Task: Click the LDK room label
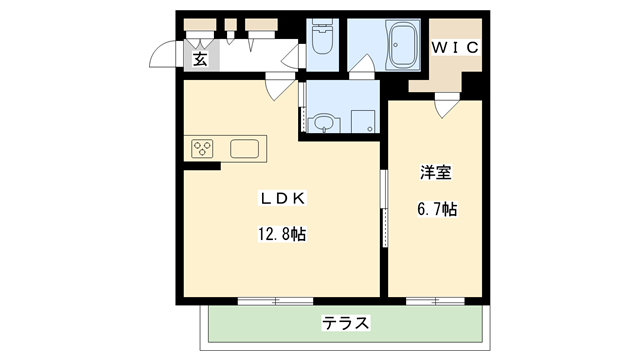pyautogui.click(x=282, y=199)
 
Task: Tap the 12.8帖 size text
pyautogui.click(x=282, y=235)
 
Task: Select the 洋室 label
pyautogui.click(x=435, y=173)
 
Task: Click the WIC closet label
pyautogui.click(x=456, y=47)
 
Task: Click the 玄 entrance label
pyautogui.click(x=200, y=59)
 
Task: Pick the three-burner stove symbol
pyautogui.click(x=203, y=149)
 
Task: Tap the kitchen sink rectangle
pyautogui.click(x=246, y=149)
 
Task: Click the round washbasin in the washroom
pyautogui.click(x=323, y=124)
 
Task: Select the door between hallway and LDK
pyautogui.click(x=276, y=89)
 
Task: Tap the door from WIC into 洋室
pyautogui.click(x=446, y=104)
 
